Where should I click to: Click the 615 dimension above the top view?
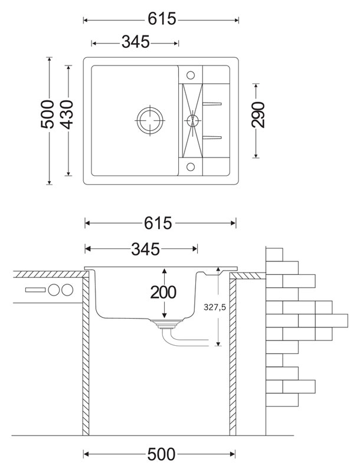pyautogui.click(x=161, y=19)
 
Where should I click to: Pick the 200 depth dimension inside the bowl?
pyautogui.click(x=163, y=292)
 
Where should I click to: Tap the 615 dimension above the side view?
pyautogui.click(x=160, y=222)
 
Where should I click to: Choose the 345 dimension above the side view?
pyautogui.click(x=144, y=249)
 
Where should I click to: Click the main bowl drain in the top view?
pyautogui.click(x=150, y=120)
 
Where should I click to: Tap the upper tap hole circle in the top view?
pyautogui.click(x=191, y=75)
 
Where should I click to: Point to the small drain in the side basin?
pyautogui.click(x=191, y=120)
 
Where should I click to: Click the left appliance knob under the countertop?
pyautogui.click(x=55, y=290)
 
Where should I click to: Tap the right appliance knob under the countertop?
pyautogui.click(x=67, y=290)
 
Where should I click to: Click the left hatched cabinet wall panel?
pyautogui.click(x=85, y=354)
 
